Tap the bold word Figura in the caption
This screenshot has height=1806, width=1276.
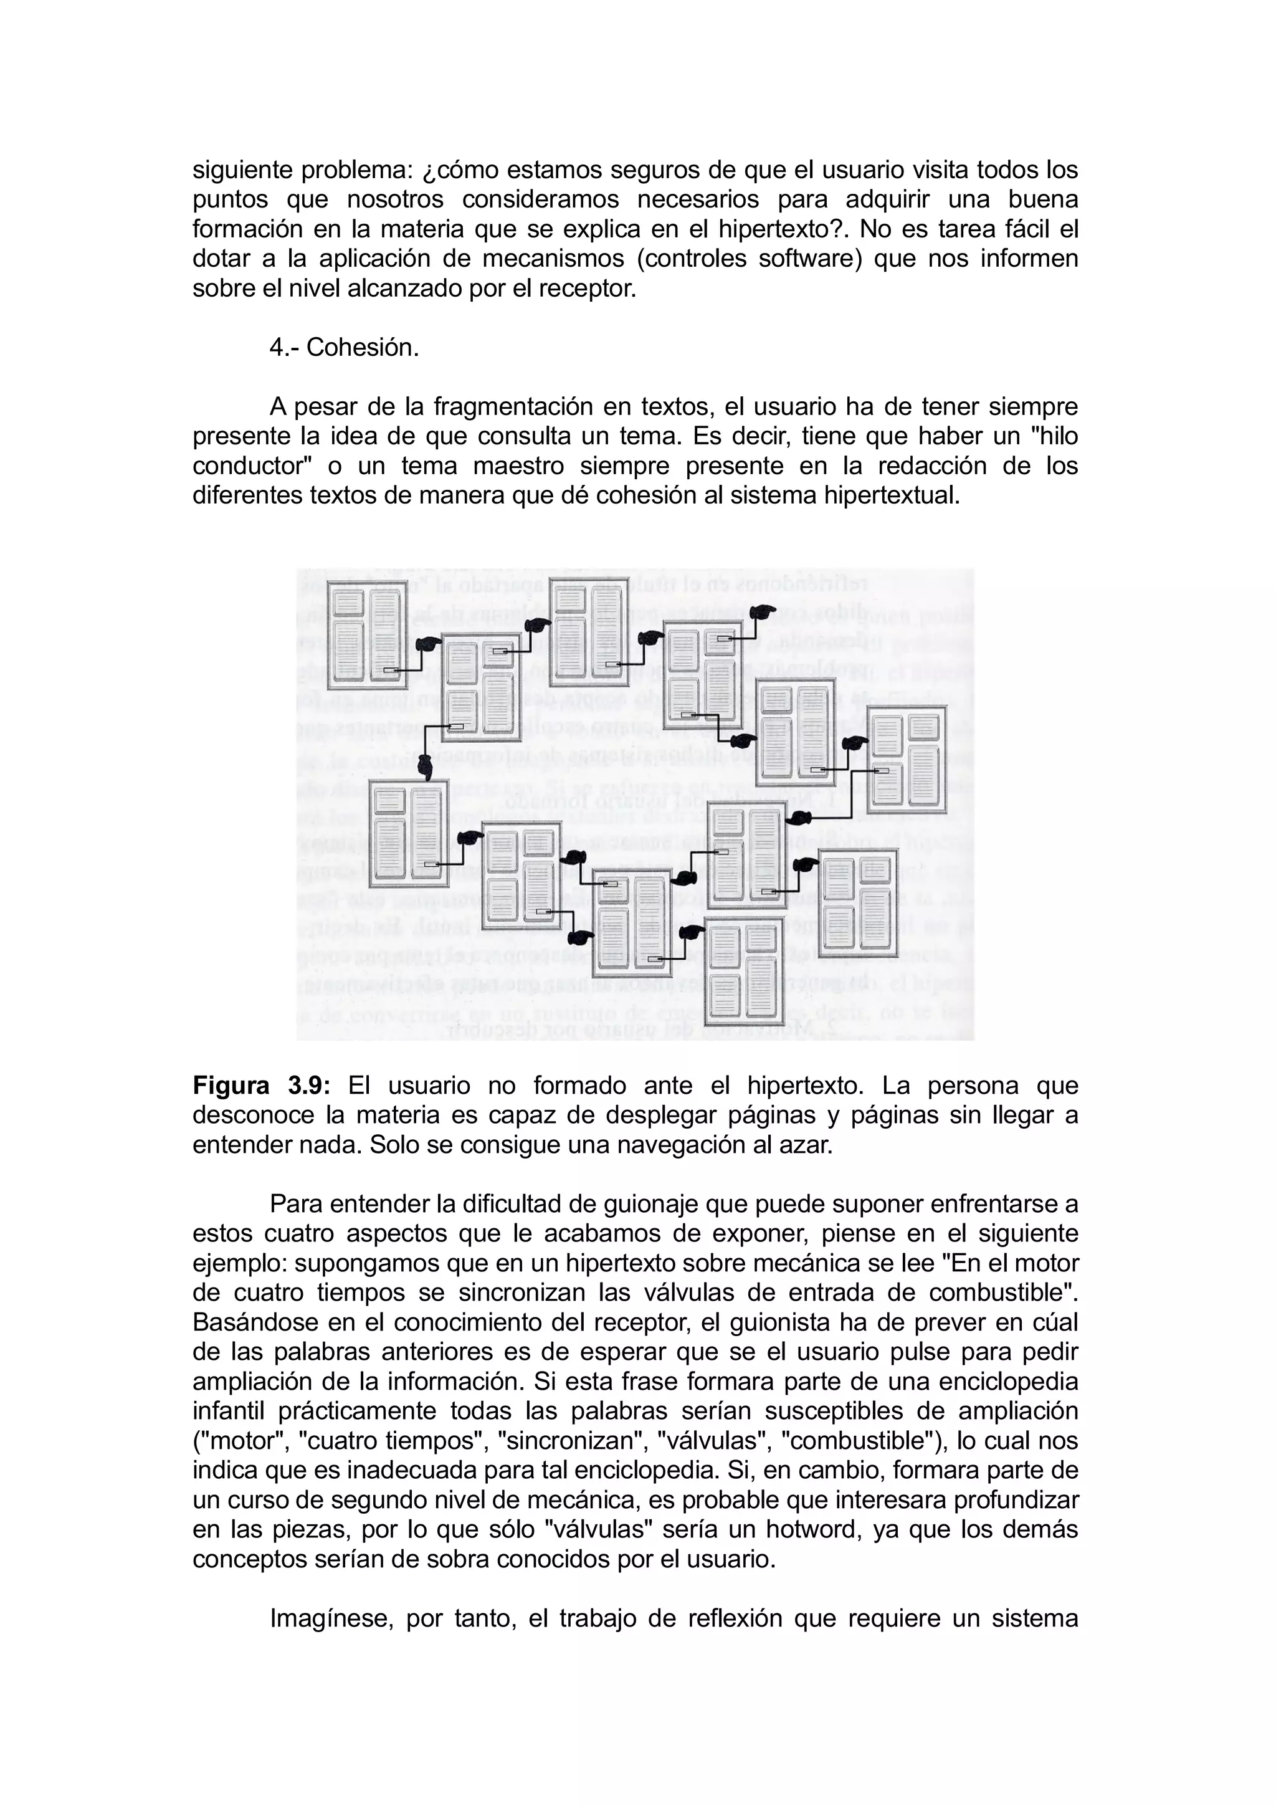[x=231, y=1086]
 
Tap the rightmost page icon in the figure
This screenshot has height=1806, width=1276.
[x=906, y=759]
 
